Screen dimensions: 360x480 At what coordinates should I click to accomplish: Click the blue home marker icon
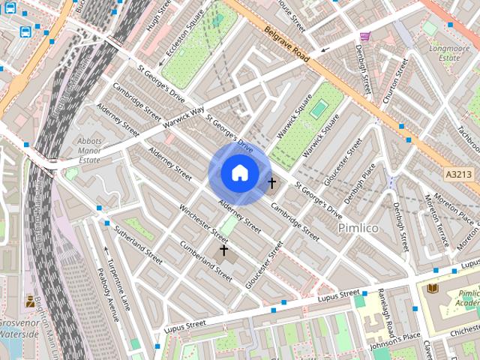point(239,172)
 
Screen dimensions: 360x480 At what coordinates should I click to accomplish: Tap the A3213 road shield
point(458,174)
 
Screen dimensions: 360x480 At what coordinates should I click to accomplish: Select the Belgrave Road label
point(286,44)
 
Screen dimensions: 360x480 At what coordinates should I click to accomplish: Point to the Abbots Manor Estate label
point(89,150)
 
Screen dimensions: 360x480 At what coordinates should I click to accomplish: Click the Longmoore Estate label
point(448,52)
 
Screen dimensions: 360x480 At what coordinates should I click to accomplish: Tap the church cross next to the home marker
point(271,182)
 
